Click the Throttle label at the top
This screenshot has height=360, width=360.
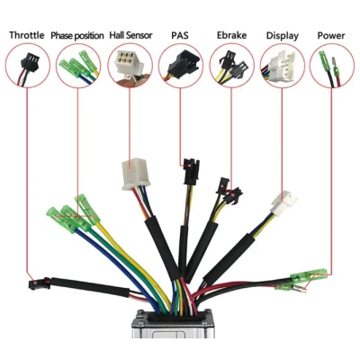27,35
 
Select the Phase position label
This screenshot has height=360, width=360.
77,36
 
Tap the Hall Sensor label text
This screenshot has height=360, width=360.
130,35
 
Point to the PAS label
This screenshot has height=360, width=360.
180,35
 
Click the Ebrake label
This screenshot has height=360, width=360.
231,35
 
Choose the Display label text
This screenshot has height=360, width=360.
283,36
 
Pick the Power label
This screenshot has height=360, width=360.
331,36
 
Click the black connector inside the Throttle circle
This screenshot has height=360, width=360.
30,61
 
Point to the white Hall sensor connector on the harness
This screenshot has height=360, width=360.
134,174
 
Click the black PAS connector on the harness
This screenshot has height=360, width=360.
191,172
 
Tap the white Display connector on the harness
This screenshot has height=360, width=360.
283,202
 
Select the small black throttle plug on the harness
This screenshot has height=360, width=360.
40,283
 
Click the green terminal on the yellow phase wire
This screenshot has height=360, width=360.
87,209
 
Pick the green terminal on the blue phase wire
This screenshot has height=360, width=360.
59,220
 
